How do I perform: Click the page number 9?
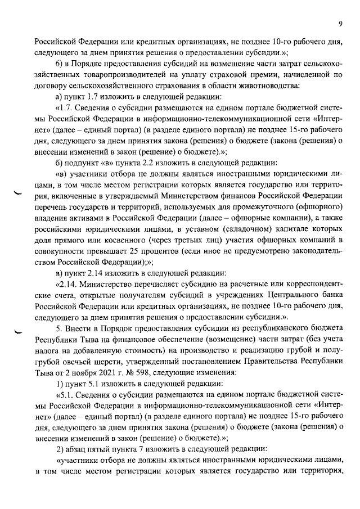click(341, 24)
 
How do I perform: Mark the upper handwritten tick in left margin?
click(17, 193)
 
